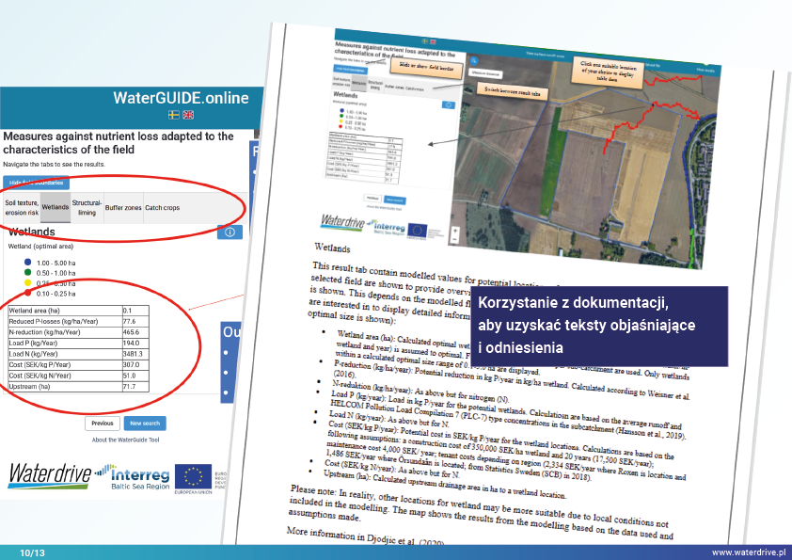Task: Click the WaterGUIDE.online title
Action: (181, 98)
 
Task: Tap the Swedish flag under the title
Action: (174, 115)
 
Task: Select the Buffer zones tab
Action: (123, 206)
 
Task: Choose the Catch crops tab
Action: (163, 206)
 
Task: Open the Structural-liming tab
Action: (87, 206)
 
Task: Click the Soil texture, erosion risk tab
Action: (21, 206)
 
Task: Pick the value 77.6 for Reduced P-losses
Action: (131, 321)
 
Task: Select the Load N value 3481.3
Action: (135, 351)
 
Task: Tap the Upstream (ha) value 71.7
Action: (131, 387)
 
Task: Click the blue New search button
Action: (146, 424)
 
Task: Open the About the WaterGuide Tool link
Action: (125, 440)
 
